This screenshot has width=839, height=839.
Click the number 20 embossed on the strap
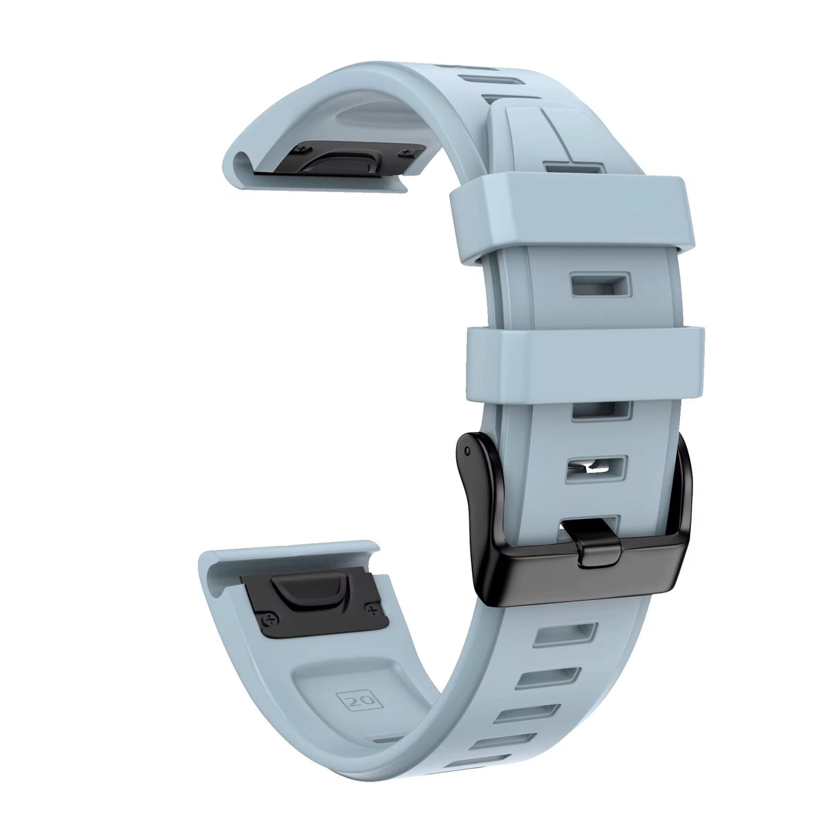point(359,701)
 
